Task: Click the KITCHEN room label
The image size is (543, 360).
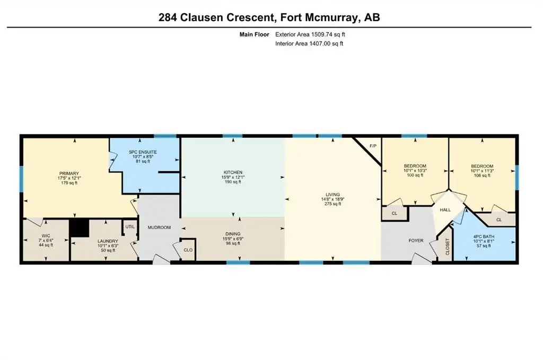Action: pos(233,172)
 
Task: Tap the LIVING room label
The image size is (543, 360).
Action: pos(332,195)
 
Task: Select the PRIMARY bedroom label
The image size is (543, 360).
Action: pos(69,173)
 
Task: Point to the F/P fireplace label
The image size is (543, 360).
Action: pos(373,146)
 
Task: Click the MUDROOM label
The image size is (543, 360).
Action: pos(159,227)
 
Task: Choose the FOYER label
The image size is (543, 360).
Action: pos(416,241)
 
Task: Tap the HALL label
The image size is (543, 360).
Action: pos(445,210)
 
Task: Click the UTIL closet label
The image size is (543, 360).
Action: pos(130,227)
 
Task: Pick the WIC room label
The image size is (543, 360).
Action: pos(46,236)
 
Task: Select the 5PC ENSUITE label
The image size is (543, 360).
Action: pos(143,152)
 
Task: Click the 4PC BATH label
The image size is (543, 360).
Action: pos(484,237)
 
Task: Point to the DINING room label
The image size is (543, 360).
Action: pos(232,234)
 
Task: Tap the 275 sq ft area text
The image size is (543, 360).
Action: pos(332,204)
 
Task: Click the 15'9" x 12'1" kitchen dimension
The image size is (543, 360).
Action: pos(233,177)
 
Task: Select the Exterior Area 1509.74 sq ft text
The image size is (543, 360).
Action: pos(310,34)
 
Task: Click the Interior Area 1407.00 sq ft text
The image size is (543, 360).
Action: pos(309,43)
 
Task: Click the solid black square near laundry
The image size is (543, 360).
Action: pos(80,229)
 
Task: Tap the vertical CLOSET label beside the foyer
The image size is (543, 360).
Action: pos(448,247)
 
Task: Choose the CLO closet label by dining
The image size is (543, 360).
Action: pos(188,250)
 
